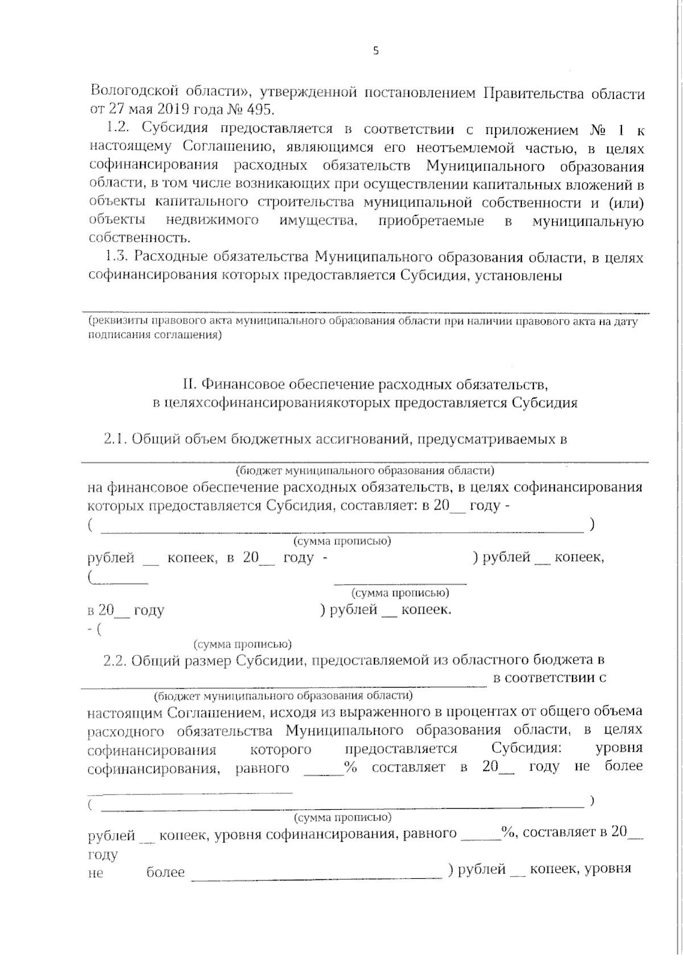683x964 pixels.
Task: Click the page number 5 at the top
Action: point(376,51)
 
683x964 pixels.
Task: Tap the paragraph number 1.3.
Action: point(118,258)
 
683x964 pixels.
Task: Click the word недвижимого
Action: point(212,221)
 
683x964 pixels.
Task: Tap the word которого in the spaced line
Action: point(281,748)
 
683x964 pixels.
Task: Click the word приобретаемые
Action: point(431,221)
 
